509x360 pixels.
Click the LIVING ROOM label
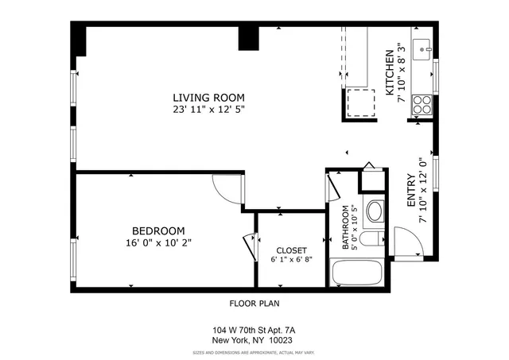pos(208,98)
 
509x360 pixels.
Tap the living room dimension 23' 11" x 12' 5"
pos(208,110)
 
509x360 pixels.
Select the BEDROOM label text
pos(158,230)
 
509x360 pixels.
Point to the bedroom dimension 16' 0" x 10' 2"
pos(158,242)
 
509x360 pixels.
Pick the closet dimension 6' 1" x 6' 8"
pos(290,260)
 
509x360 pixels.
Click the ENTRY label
pos(410,191)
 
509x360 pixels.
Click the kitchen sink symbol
pos(422,44)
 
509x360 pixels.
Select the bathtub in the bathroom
pos(357,275)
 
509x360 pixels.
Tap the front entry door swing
pos(407,240)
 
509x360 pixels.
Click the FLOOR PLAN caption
pos(254,303)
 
